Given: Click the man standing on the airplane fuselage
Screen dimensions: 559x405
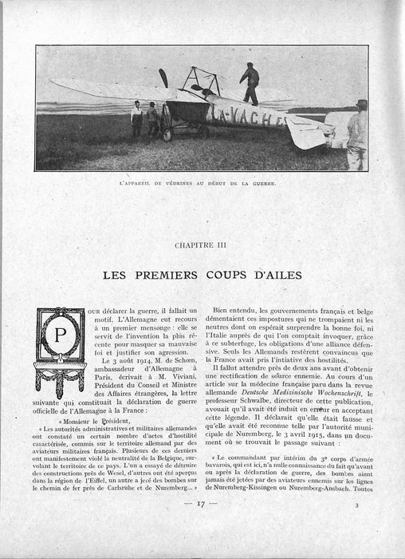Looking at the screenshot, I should pos(250,82).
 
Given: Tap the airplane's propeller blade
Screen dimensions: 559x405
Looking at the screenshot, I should pos(163,78).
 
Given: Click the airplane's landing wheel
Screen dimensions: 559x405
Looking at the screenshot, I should pos(168,135).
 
